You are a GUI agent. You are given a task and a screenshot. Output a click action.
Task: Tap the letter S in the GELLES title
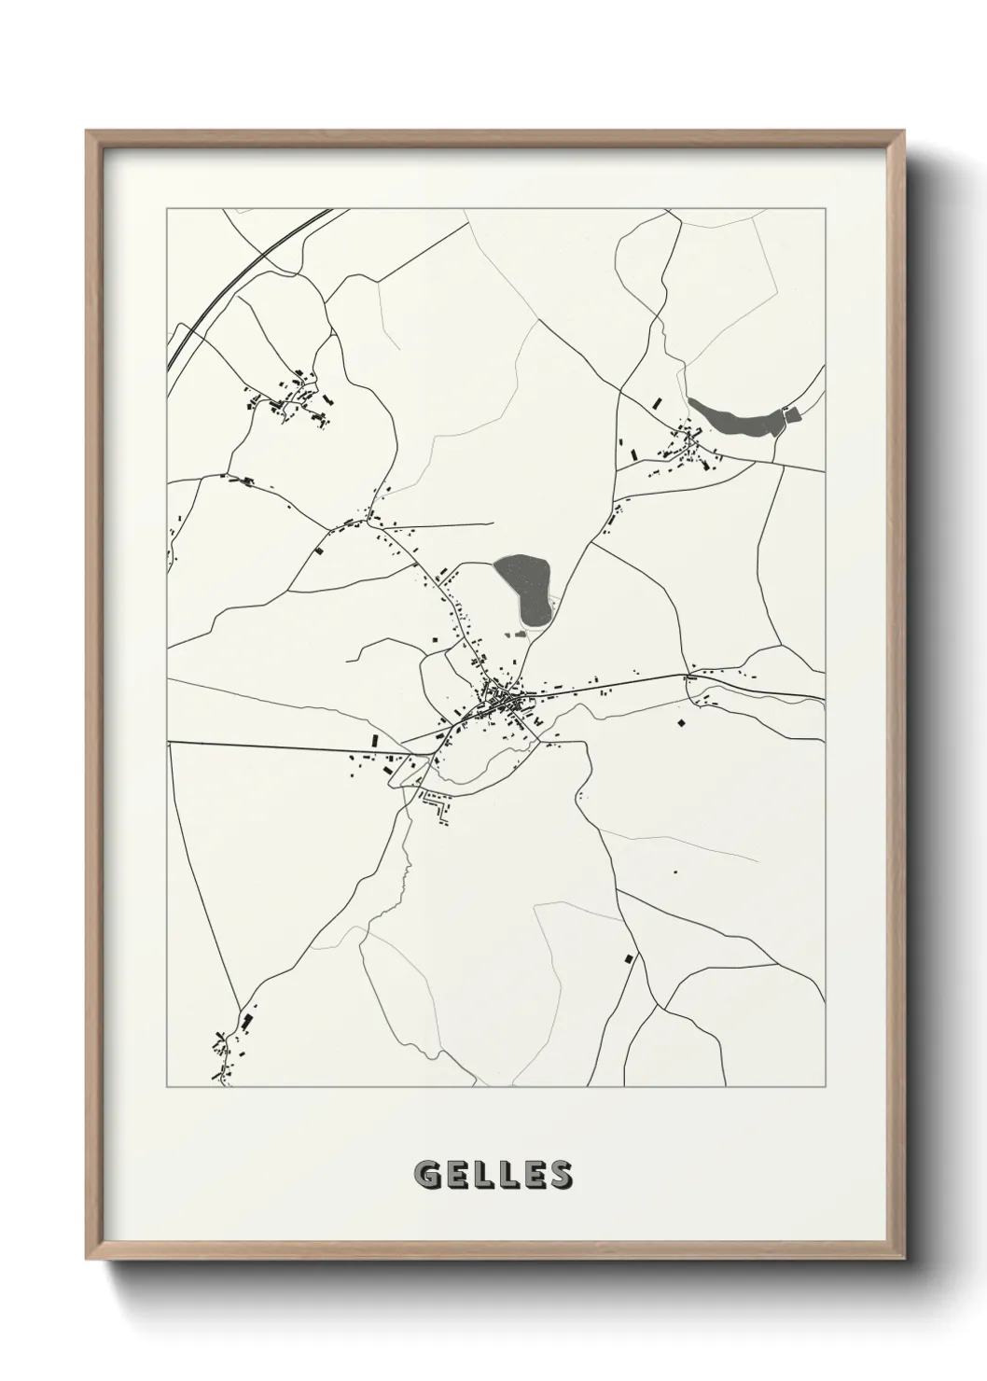click(560, 1174)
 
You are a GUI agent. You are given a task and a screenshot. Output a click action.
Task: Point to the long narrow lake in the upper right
click(732, 420)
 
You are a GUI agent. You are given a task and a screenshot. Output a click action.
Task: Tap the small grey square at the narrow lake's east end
click(793, 415)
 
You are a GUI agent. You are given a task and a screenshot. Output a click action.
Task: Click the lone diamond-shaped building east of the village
click(681, 721)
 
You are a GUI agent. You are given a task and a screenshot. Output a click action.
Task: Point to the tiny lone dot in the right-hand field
click(674, 872)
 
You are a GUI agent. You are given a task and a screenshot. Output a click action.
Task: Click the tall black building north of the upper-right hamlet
click(656, 404)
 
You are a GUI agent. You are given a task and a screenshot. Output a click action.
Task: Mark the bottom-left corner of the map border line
click(168, 1087)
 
